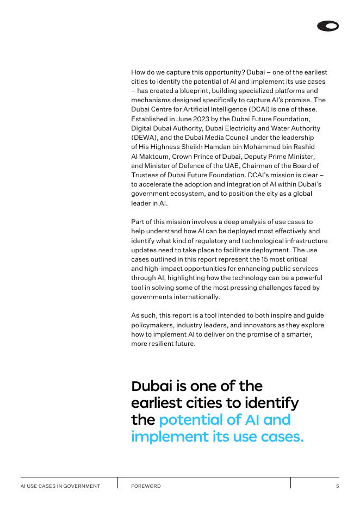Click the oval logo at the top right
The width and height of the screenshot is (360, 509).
pos(328,26)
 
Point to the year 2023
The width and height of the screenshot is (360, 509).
pos(191,119)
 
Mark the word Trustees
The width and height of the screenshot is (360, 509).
pos(145,175)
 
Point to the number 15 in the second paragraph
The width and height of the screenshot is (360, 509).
pos(265,259)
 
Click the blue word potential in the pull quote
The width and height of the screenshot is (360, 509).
pos(192,420)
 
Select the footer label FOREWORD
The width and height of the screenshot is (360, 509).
pos(146,486)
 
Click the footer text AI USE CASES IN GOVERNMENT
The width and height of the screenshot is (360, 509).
pos(60,486)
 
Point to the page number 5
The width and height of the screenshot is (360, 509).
pos(337,486)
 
